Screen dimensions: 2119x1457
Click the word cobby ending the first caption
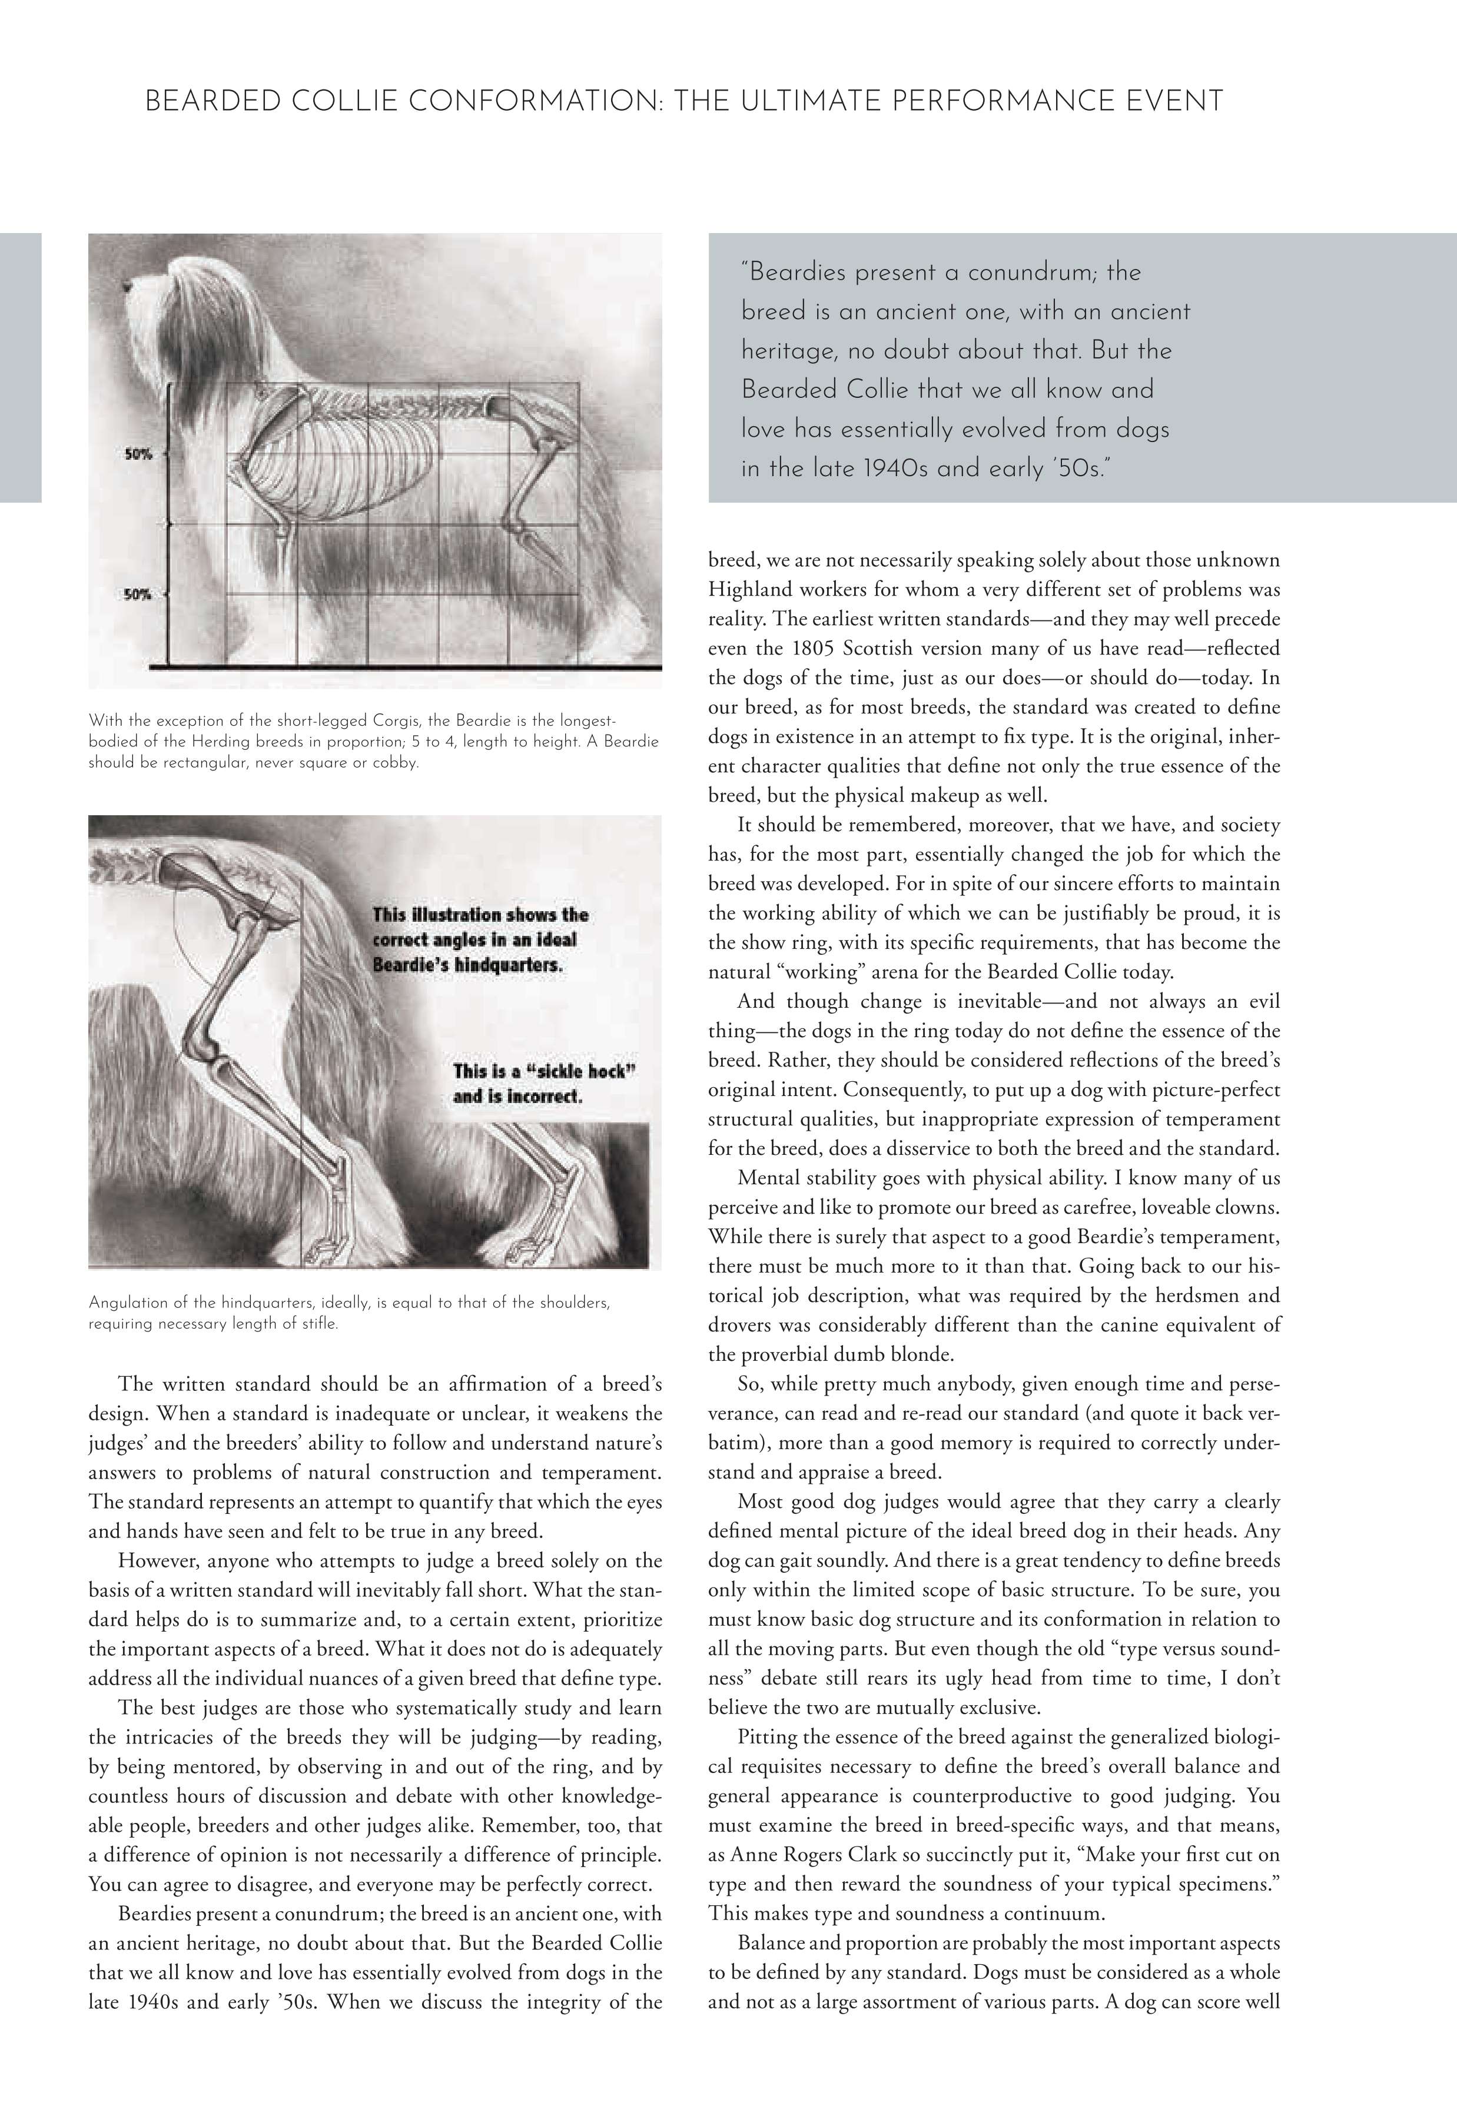coord(397,763)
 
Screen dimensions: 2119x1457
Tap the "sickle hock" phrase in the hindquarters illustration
coord(566,1071)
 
